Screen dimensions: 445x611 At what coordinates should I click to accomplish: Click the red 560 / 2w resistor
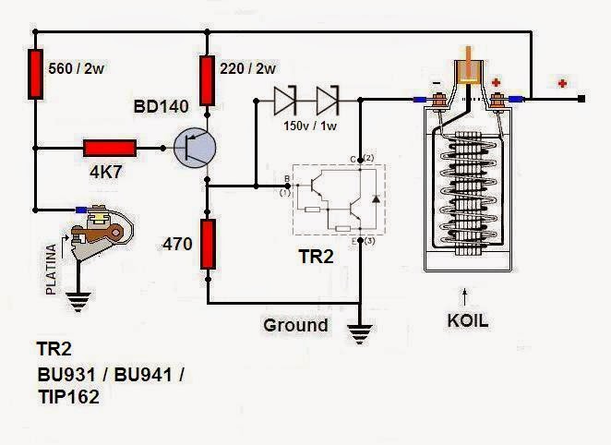click(x=36, y=73)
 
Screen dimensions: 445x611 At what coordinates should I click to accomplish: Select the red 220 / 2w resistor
click(x=209, y=73)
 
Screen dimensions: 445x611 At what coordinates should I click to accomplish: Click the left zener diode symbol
click(x=283, y=96)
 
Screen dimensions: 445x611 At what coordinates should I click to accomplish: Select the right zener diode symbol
click(x=328, y=96)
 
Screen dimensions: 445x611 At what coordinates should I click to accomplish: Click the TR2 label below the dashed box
click(x=316, y=258)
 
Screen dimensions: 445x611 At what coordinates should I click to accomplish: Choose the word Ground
click(x=295, y=325)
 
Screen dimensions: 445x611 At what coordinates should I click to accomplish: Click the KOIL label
click(x=466, y=322)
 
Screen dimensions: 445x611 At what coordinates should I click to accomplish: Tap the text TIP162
click(x=67, y=397)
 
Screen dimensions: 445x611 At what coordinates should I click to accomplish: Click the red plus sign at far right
click(x=561, y=85)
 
